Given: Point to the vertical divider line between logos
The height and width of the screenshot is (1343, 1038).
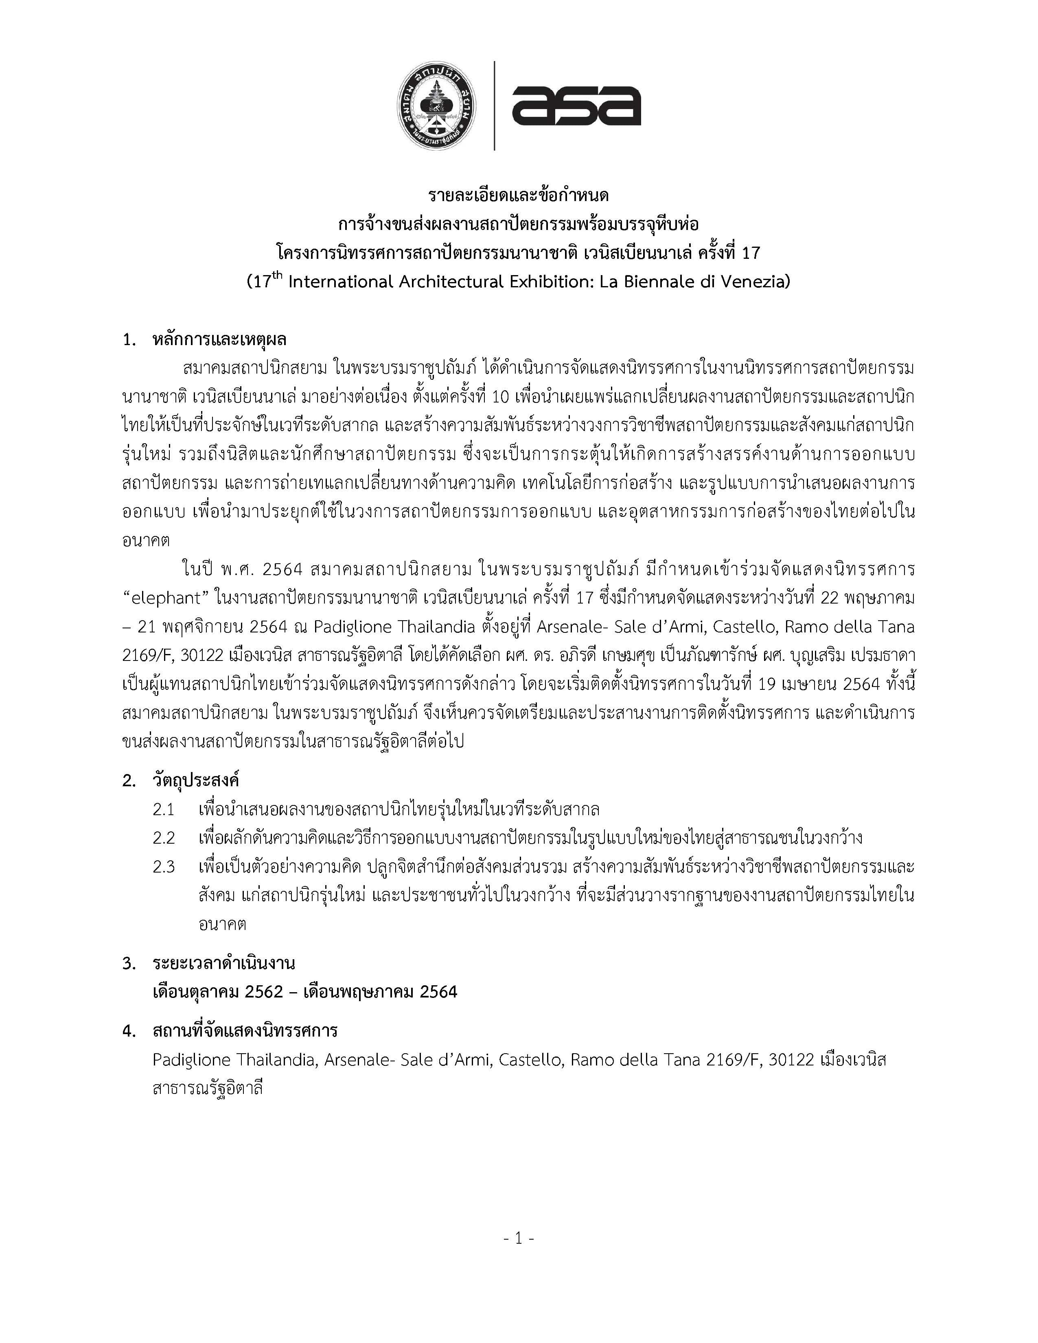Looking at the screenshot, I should click(x=495, y=106).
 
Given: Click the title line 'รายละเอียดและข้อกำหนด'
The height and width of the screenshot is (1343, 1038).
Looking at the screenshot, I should click(x=518, y=195).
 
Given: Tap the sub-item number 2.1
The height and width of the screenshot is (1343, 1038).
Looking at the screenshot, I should click(x=164, y=809).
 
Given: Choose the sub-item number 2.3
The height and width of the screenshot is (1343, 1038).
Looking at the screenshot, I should click(x=164, y=867).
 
